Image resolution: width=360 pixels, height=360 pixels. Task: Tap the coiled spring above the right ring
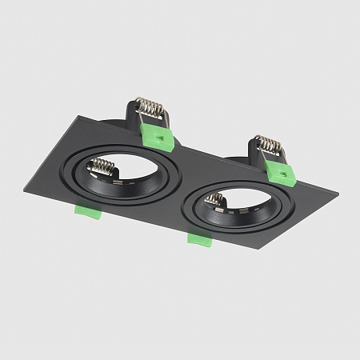click(269, 145)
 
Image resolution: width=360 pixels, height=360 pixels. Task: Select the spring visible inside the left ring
click(102, 167)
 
